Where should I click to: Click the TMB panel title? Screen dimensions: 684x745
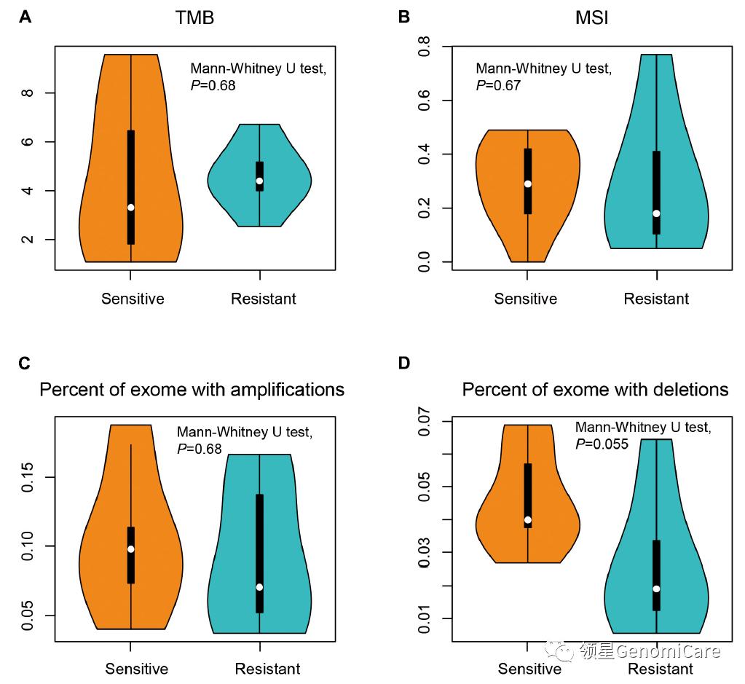[x=195, y=18]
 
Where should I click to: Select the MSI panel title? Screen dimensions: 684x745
[x=591, y=18]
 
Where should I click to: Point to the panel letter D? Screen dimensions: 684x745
[x=404, y=363]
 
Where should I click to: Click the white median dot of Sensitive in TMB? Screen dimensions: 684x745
[x=131, y=208]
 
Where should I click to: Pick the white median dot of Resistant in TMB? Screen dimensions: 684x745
[x=259, y=181]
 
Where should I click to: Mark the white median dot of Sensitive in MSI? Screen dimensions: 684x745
[x=528, y=184]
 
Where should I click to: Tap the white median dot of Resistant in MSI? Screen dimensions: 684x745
[x=656, y=213]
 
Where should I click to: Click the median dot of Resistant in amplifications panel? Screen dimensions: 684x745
[x=259, y=587]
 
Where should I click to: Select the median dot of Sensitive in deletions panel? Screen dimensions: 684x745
[x=528, y=520]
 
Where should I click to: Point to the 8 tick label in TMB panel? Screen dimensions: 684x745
[x=28, y=93]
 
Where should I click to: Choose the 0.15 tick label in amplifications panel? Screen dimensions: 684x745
[x=28, y=477]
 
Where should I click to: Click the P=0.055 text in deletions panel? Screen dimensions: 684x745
[x=602, y=444]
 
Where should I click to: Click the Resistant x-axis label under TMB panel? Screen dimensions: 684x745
[x=263, y=299]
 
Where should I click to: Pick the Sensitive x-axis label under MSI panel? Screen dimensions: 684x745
[x=525, y=299]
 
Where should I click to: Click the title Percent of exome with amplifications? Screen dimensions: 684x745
[x=192, y=390]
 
